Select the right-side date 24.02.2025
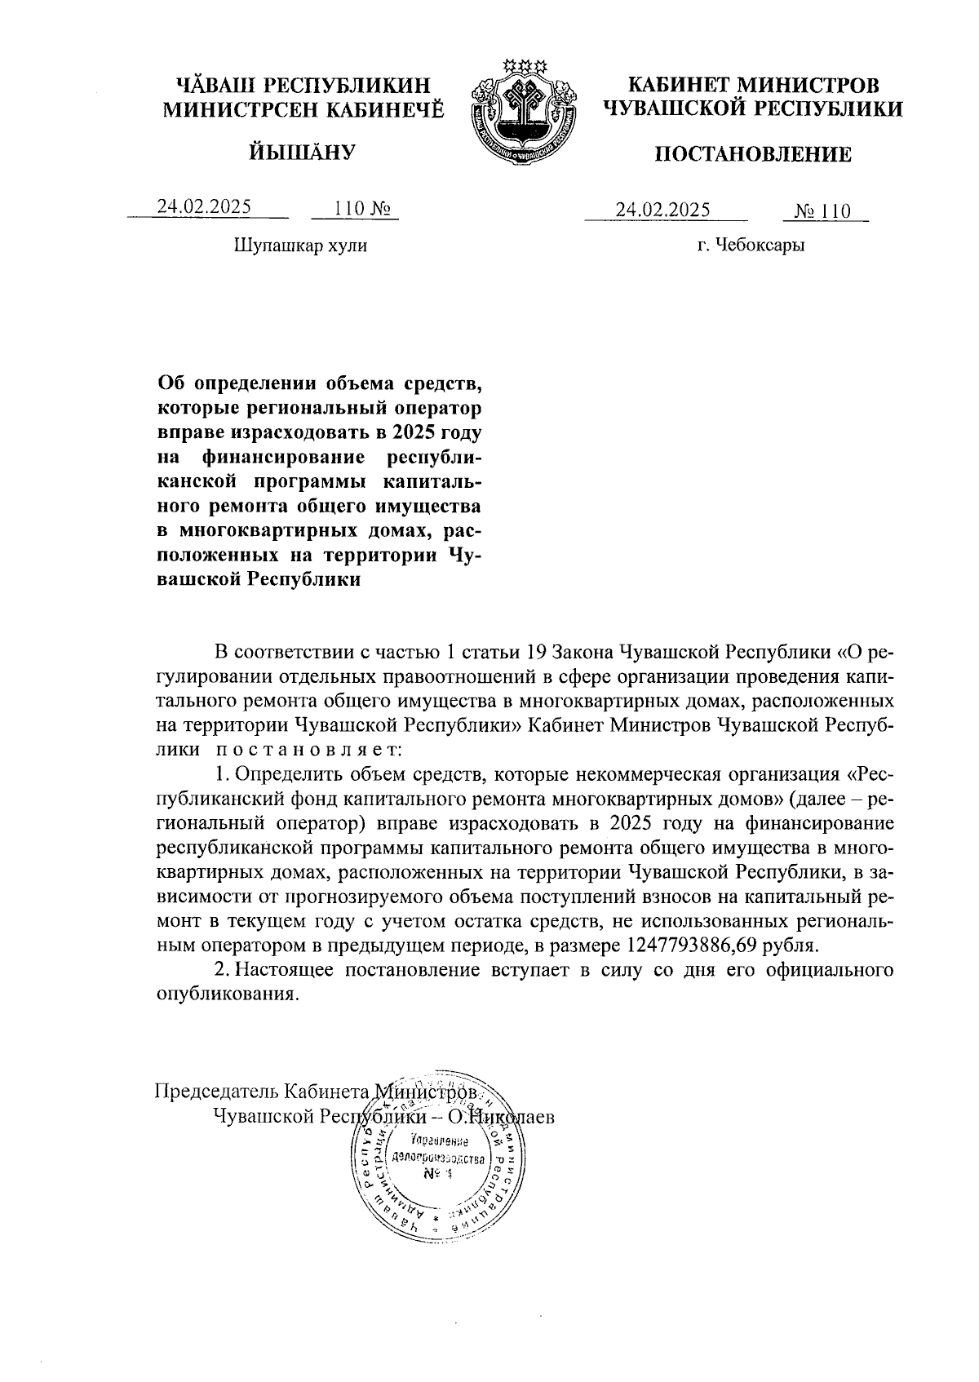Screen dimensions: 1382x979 (x=663, y=210)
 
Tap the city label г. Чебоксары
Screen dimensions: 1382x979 (x=751, y=245)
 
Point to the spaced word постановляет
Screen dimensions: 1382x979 (x=308, y=747)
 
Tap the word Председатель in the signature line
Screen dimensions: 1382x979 (x=216, y=1092)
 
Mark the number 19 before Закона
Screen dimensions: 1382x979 (x=534, y=653)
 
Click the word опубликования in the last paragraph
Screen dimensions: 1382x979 (x=223, y=994)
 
